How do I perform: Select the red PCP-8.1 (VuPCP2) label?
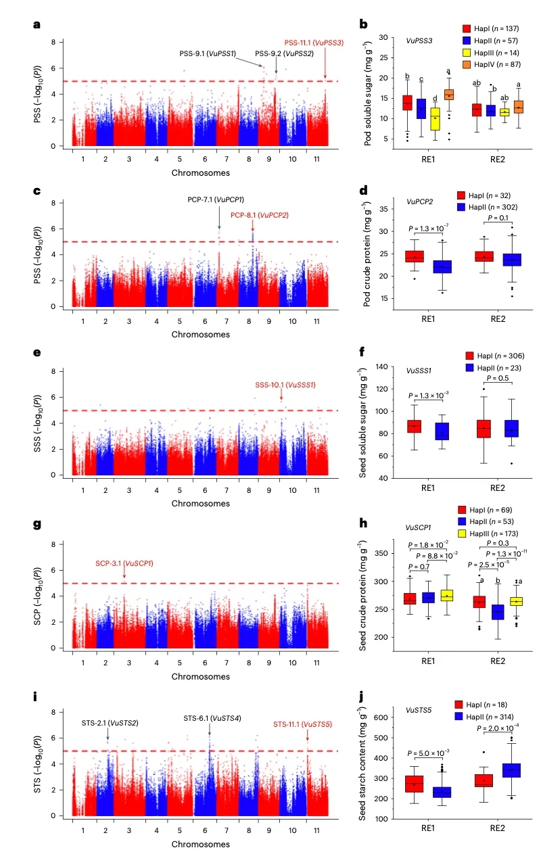tap(260, 215)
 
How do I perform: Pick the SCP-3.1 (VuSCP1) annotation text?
tap(124, 563)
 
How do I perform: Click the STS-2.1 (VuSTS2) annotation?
tap(111, 723)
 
